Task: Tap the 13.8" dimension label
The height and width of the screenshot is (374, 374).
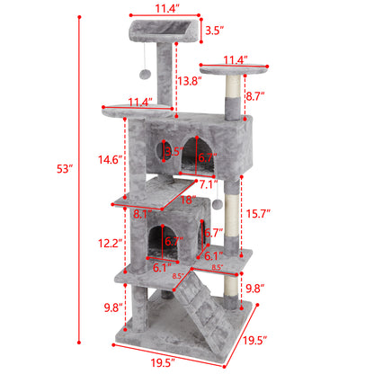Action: coord(188,81)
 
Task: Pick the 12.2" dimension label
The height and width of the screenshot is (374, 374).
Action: coord(109,244)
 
